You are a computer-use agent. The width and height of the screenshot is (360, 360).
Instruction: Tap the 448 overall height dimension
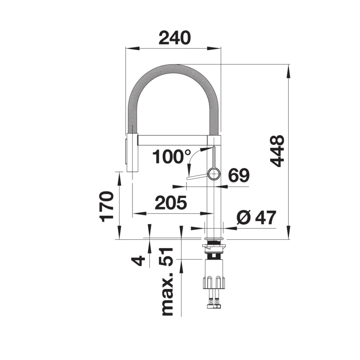[x=277, y=151]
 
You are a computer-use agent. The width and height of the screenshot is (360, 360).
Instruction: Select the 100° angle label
[x=171, y=157]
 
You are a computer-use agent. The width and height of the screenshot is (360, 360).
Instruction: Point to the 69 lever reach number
[x=239, y=175]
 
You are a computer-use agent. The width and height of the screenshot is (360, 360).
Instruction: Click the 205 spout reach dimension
[x=171, y=202]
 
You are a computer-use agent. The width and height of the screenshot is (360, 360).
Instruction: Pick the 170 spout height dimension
[x=107, y=207]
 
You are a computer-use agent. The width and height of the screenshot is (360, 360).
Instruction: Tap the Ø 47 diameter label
[x=256, y=218]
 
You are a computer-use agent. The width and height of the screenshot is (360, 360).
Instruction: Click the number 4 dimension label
[x=139, y=261]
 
